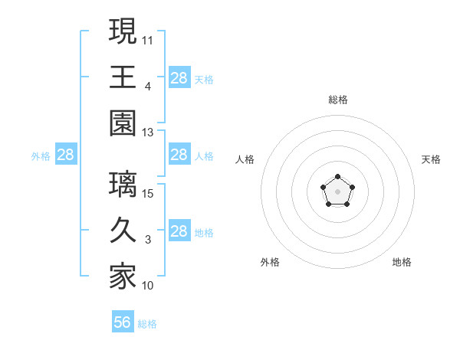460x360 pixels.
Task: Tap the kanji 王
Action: pos(123,77)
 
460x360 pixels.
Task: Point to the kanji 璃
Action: pos(123,185)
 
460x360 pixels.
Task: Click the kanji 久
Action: pos(123,231)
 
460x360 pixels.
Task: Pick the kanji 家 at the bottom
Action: pos(123,277)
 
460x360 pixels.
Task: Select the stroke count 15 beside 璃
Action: pos(148,193)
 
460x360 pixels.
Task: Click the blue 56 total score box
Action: pos(123,322)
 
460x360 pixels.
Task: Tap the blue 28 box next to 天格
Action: pos(179,77)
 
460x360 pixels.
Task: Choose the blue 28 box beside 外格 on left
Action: pos(66,155)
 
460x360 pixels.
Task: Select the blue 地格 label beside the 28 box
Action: pos(204,233)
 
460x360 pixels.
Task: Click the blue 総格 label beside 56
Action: pos(147,324)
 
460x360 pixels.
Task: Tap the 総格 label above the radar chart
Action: pos(337,100)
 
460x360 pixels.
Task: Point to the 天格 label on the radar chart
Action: pos(431,159)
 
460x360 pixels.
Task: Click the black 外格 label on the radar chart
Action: pos(270,262)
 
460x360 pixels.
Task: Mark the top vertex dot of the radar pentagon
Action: pos(337,178)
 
